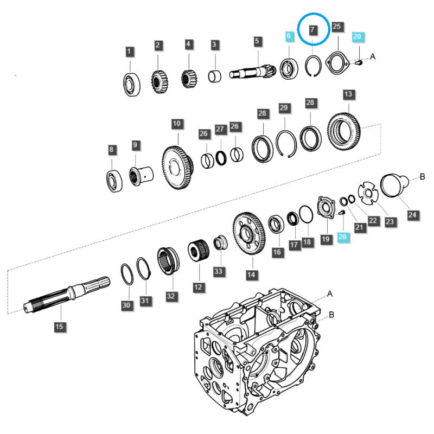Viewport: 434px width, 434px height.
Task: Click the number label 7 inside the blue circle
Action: [x=312, y=30]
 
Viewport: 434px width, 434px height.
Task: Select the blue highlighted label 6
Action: [x=289, y=36]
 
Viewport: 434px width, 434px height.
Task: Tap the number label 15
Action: [x=59, y=326]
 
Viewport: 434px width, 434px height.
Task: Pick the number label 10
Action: [x=176, y=124]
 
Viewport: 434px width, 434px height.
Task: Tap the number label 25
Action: [x=337, y=26]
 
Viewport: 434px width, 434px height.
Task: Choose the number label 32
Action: [x=171, y=296]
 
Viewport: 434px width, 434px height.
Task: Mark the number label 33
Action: [x=218, y=270]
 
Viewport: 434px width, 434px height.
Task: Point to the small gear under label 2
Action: [x=158, y=82]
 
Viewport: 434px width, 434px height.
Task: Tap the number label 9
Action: [x=135, y=145]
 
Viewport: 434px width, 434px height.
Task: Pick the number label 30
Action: [x=126, y=306]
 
